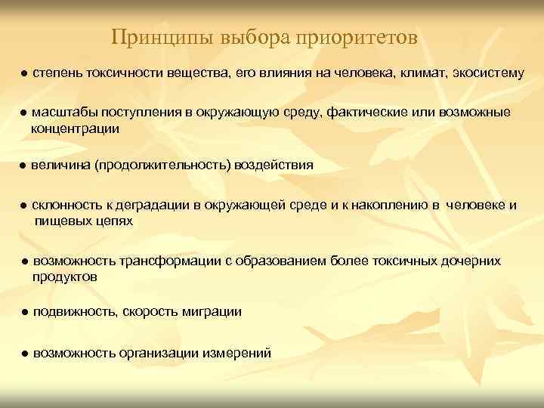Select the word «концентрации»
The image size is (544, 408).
tap(76, 129)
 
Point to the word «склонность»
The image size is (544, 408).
tap(66, 206)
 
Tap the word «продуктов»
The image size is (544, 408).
tap(65, 277)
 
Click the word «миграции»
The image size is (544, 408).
tap(215, 312)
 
